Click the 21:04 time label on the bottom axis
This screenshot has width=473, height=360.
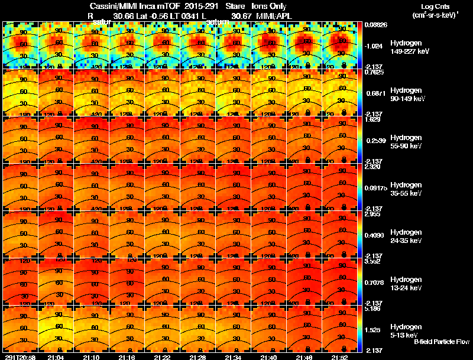(x=56, y=357)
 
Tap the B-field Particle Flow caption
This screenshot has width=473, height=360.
(x=442, y=342)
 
